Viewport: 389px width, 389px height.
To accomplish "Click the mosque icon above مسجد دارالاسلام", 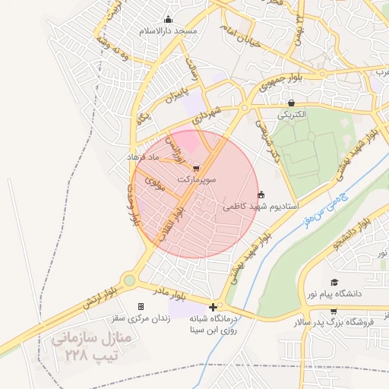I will [x=168, y=20].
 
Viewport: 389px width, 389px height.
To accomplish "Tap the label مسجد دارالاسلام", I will [x=168, y=31].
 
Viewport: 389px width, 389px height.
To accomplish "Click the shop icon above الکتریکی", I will [x=291, y=103].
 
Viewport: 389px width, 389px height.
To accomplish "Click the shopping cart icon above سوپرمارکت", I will [x=197, y=168].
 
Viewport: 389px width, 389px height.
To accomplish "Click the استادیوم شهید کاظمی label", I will [x=261, y=206].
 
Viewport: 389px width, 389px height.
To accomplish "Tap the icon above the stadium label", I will [x=262, y=194].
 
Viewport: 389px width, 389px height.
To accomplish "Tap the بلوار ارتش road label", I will [x=100, y=293].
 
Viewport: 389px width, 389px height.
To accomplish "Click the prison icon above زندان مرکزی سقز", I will [x=141, y=306].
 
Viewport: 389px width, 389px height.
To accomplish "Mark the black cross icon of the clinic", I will [x=213, y=307].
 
